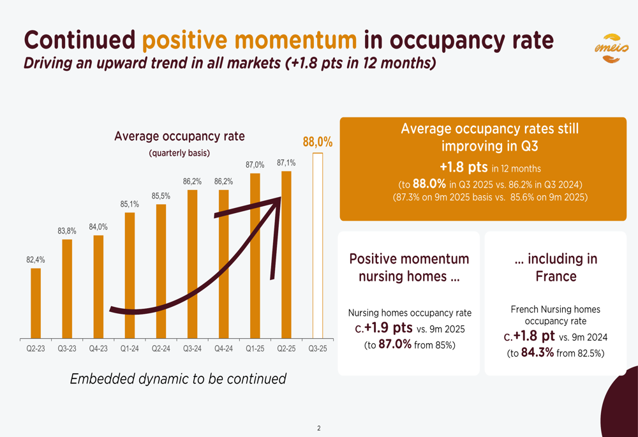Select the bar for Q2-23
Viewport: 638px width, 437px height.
[x=36, y=303]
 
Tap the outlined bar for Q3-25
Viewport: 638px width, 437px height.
[x=318, y=245]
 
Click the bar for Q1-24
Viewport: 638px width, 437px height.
[x=130, y=275]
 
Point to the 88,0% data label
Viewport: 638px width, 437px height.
[x=318, y=142]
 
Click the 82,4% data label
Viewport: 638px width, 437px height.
[x=35, y=260]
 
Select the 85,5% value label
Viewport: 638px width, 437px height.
[x=161, y=196]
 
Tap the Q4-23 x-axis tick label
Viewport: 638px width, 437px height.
[x=98, y=349]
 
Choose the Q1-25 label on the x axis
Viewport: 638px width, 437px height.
[x=255, y=349]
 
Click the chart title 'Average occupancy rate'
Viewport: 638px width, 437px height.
[x=179, y=136]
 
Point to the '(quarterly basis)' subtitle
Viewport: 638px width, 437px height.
[x=179, y=153]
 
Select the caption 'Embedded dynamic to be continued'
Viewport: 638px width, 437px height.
[x=178, y=378]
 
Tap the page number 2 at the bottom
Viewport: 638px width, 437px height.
[x=319, y=428]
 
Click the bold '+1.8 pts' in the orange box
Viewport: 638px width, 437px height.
[x=464, y=168]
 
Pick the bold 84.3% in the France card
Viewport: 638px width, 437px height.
[x=538, y=352]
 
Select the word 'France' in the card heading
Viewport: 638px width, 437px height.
[x=556, y=276]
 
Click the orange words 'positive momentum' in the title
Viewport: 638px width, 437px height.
[x=249, y=40]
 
